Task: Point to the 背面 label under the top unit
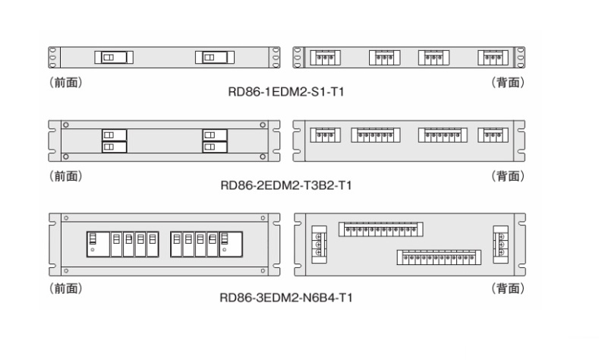click(507, 82)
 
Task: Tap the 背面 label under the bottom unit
click(507, 289)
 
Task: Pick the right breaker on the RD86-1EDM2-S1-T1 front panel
click(214, 58)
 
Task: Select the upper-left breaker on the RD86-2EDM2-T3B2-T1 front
click(114, 134)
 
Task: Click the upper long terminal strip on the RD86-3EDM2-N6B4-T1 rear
click(380, 229)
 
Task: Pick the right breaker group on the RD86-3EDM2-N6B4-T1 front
click(203, 242)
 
